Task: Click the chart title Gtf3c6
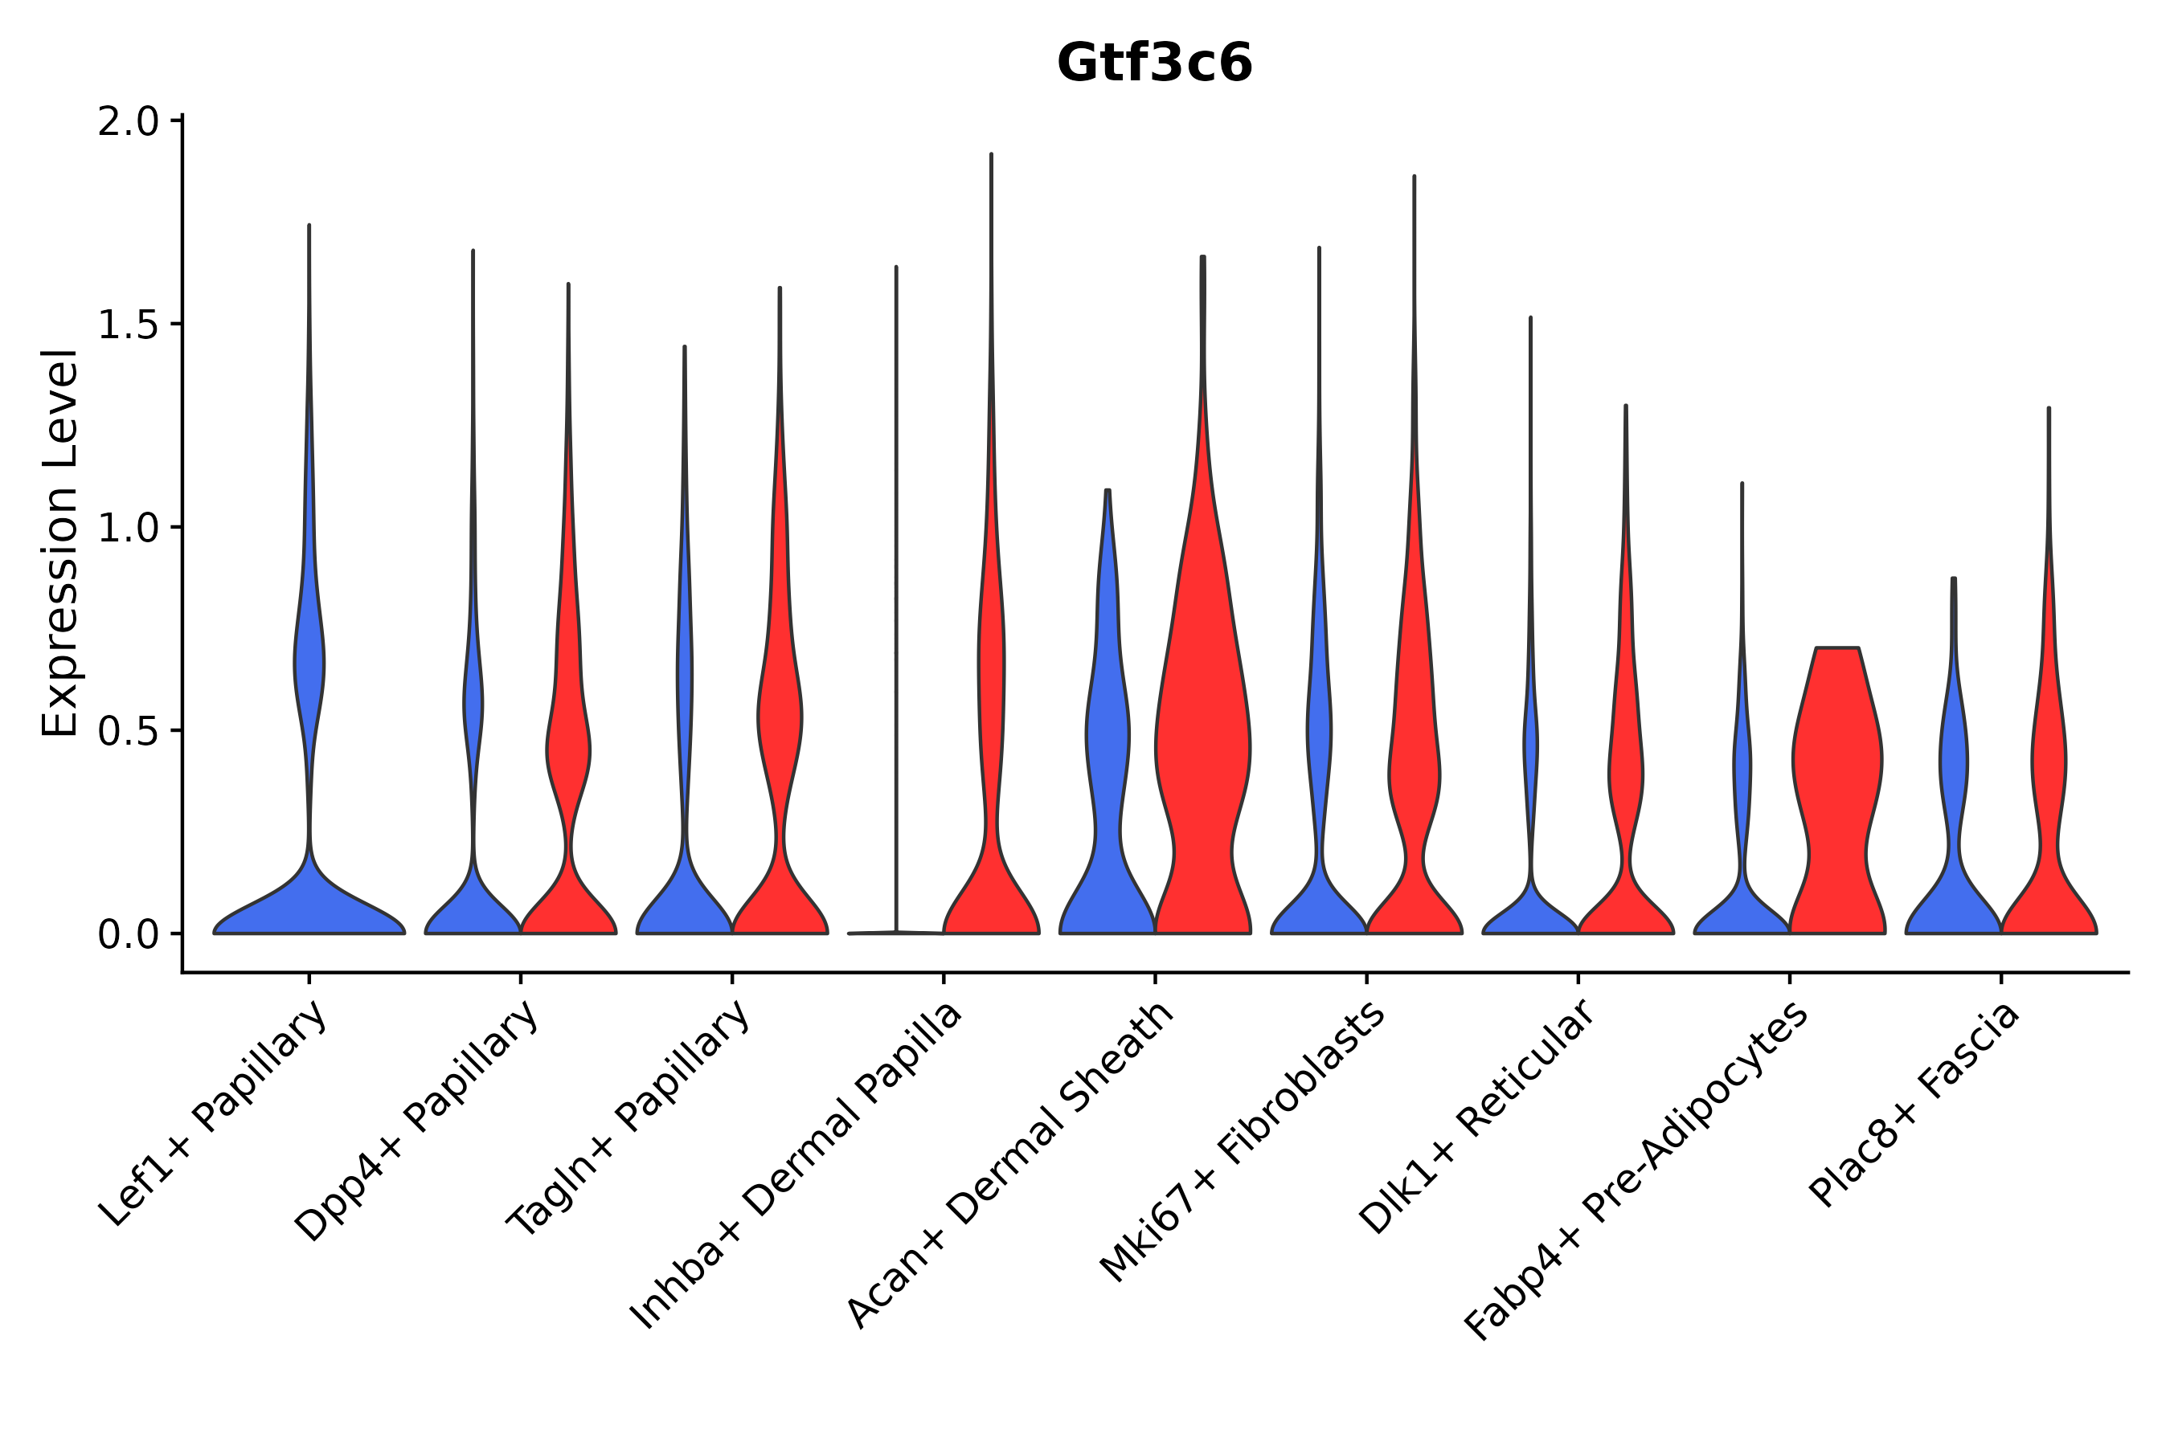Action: point(1154,63)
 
